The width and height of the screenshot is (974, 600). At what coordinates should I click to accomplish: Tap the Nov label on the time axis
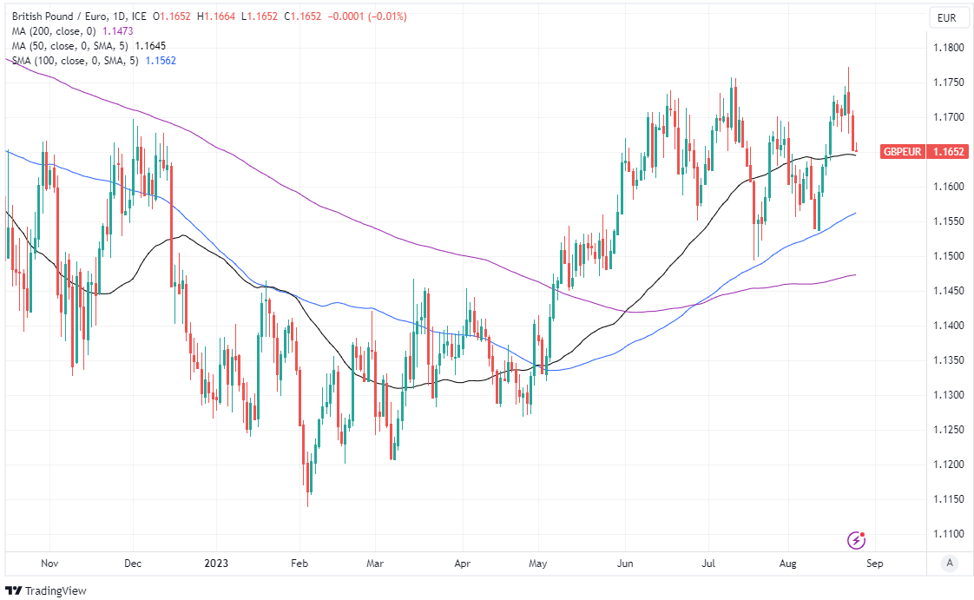point(49,563)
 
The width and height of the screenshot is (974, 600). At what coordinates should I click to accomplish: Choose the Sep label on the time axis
point(874,563)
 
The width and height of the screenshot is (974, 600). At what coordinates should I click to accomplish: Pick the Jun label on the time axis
point(624,563)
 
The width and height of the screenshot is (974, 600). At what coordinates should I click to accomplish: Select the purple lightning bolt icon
point(857,540)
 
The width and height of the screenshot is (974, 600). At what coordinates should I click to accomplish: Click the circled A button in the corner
point(950,563)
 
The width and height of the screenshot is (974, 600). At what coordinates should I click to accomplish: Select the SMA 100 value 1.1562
point(160,61)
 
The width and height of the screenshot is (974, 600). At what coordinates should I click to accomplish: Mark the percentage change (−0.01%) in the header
point(380,16)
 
